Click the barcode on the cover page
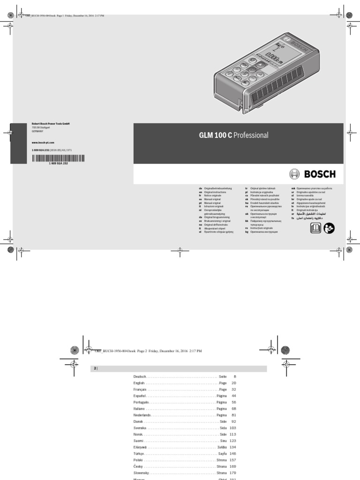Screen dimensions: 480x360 [x=59, y=158]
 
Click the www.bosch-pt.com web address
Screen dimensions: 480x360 [x=43, y=142]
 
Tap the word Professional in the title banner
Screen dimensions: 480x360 [x=251, y=135]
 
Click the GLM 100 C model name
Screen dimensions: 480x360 [x=216, y=135]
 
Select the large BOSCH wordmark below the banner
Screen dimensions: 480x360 [x=320, y=174]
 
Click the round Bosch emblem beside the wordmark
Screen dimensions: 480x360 [x=294, y=174]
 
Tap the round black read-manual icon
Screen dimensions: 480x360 [x=329, y=228]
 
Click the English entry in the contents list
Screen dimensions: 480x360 [x=140, y=383]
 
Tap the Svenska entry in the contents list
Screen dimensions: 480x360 [x=140, y=428]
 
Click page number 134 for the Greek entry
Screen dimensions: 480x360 [x=232, y=448]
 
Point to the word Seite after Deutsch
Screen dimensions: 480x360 [x=223, y=377]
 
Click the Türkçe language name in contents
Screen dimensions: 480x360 [x=140, y=454]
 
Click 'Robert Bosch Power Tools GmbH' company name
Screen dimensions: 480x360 [x=51, y=124]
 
